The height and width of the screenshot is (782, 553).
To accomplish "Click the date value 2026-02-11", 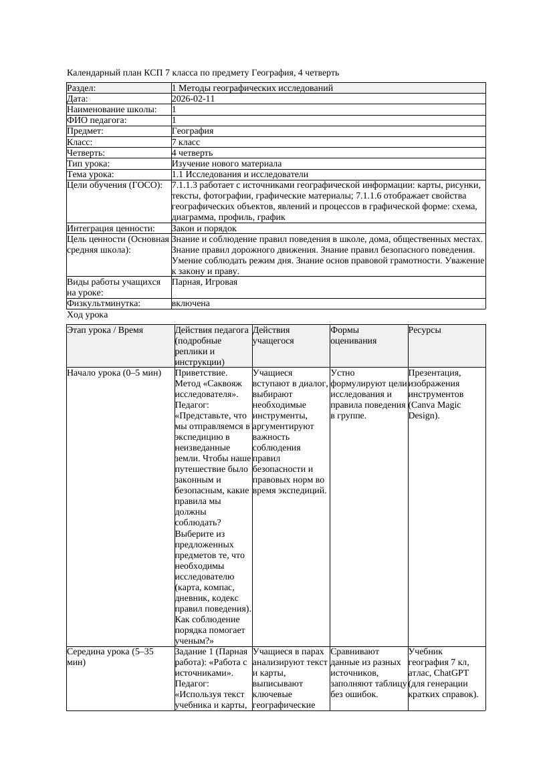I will tap(193, 99).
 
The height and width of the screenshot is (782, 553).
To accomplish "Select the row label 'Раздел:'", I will tap(82, 88).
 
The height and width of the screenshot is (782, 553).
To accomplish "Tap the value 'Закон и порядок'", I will tap(204, 229).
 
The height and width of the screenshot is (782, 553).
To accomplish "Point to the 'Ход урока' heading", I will tap(88, 315).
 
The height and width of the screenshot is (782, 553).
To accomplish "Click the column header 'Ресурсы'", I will tap(425, 330).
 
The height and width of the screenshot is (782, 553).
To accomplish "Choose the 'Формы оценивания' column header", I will tap(354, 335).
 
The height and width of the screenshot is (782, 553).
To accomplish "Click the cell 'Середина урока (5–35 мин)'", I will tap(110, 656).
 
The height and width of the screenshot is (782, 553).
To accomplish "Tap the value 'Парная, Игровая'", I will tap(205, 282).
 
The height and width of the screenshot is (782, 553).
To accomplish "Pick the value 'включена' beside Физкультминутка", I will tap(191, 303).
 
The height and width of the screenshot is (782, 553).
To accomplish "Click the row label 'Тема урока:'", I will tap(91, 174).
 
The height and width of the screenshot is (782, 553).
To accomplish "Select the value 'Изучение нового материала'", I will tap(227, 164).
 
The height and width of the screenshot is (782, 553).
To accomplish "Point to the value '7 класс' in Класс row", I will tap(186, 142).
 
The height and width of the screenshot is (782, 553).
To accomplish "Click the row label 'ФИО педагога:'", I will tap(97, 120).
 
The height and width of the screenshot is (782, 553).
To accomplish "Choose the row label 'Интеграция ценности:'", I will tap(111, 229).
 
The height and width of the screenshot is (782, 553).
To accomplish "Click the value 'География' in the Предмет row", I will tap(193, 131).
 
